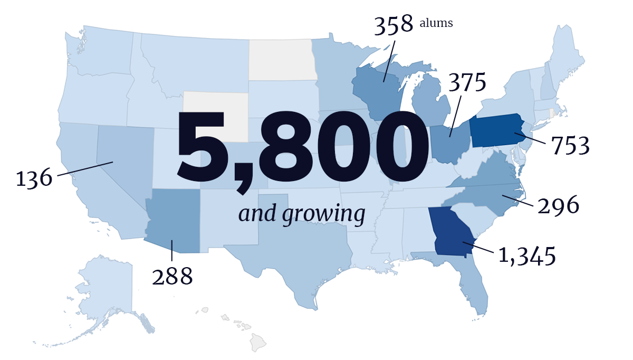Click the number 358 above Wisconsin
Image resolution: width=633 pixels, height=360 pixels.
pyautogui.click(x=393, y=25)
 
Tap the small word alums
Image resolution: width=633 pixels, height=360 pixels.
pyautogui.click(x=436, y=23)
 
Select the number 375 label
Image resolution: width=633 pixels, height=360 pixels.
pyautogui.click(x=467, y=83)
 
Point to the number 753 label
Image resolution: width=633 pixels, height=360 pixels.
pyautogui.click(x=570, y=146)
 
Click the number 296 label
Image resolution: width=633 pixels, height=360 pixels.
pyautogui.click(x=559, y=205)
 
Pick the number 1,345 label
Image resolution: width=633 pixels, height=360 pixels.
pyautogui.click(x=527, y=256)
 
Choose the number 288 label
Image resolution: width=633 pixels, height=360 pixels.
pyautogui.click(x=172, y=276)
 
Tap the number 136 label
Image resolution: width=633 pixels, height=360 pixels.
pyautogui.click(x=34, y=178)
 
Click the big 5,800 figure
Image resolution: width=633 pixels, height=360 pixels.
pyautogui.click(x=302, y=145)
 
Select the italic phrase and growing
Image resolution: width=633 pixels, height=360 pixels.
pyautogui.click(x=302, y=214)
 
